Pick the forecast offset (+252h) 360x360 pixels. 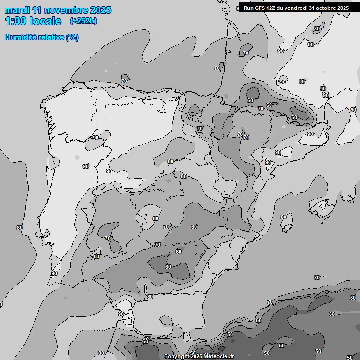point(83,21)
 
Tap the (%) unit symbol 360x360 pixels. point(72,37)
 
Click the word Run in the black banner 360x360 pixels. point(248,8)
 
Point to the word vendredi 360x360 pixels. point(297,8)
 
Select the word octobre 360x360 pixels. point(326,8)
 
